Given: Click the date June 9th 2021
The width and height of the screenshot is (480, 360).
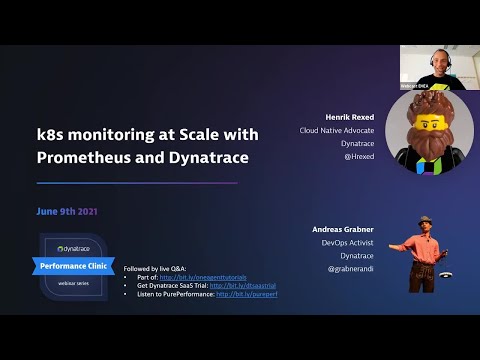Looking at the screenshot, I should (x=67, y=211).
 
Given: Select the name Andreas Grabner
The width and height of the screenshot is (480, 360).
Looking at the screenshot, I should (x=343, y=229).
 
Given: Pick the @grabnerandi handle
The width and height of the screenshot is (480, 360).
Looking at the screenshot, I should (x=350, y=269).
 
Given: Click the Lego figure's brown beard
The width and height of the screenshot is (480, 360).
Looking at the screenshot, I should (x=429, y=150).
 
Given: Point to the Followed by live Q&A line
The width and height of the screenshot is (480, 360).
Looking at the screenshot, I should (x=152, y=269).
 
